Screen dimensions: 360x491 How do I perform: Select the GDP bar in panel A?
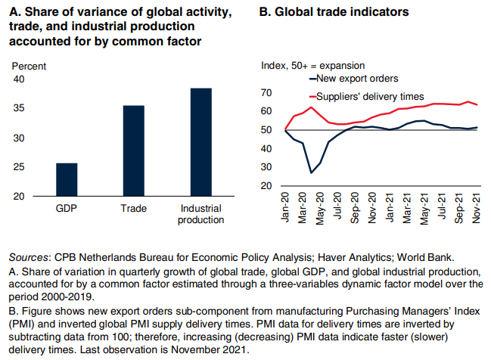(x=67, y=180)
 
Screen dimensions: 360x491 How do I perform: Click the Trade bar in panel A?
(x=133, y=151)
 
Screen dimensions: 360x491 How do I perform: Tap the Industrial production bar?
(x=200, y=143)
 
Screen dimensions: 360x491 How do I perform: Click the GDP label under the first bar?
(x=67, y=208)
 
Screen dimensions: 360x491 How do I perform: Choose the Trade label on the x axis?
(x=133, y=208)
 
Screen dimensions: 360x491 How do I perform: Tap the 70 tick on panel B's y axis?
(x=266, y=93)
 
